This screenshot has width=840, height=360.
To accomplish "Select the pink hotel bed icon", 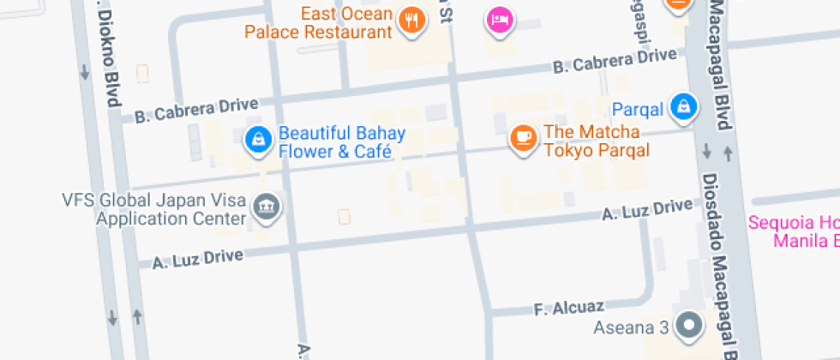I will point(500,19).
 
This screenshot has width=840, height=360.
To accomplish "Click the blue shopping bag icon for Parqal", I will point(684,106).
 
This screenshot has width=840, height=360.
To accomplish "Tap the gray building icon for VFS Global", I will point(267,207).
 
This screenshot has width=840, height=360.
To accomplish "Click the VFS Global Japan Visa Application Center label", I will point(153,210).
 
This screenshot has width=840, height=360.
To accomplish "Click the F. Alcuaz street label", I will point(569,305).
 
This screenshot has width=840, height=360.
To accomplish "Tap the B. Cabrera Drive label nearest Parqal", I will point(615,60).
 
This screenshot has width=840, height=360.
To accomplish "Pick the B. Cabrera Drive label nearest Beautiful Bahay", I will point(196,109).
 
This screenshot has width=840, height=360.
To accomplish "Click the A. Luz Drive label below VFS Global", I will point(198,257).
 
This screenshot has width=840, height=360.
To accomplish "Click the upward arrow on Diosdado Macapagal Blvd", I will point(728,153).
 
